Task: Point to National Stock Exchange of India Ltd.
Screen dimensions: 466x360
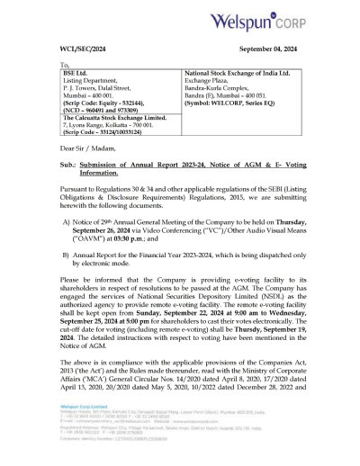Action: point(239,76)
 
